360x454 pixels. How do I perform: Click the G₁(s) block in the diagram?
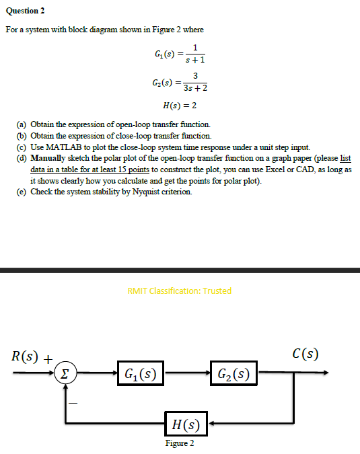click(140, 371)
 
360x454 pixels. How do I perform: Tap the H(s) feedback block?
click(185, 424)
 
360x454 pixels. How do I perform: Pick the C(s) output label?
click(305, 353)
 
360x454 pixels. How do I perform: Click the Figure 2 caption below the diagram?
click(180, 444)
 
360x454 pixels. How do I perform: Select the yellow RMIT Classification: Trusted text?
click(179, 291)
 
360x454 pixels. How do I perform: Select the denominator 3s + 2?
click(195, 88)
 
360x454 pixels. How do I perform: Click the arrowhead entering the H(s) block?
click(211, 424)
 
